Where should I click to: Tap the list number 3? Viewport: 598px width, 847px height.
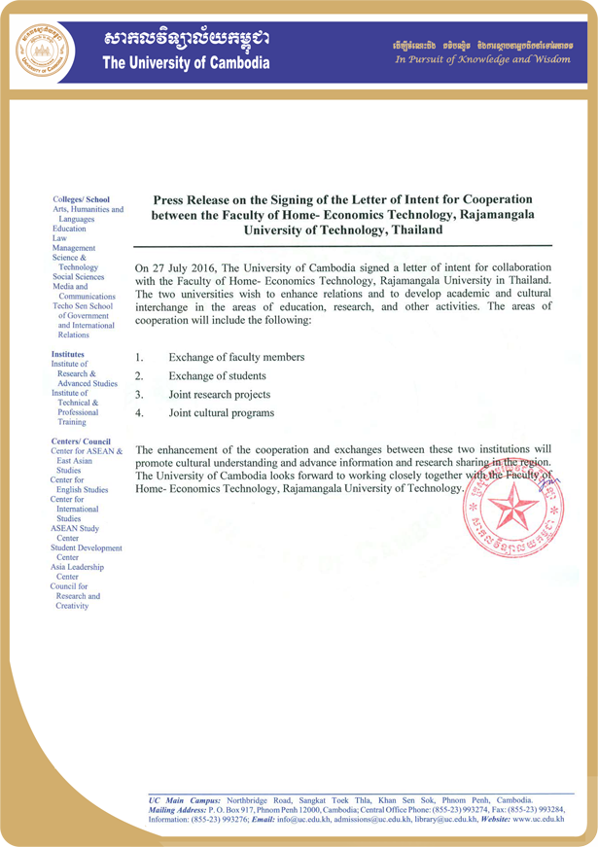[139, 395]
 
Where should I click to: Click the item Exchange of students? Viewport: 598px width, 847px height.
[217, 376]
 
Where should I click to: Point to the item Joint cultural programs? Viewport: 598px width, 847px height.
[221, 413]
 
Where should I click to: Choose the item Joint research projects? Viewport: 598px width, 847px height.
[220, 395]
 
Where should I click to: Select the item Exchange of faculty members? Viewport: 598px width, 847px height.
[236, 358]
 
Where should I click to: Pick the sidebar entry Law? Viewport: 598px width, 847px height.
[59, 237]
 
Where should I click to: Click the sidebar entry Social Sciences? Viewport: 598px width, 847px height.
[81, 276]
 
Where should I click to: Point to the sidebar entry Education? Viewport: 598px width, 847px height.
[69, 228]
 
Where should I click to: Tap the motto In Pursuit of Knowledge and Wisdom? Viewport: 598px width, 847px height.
[482, 60]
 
